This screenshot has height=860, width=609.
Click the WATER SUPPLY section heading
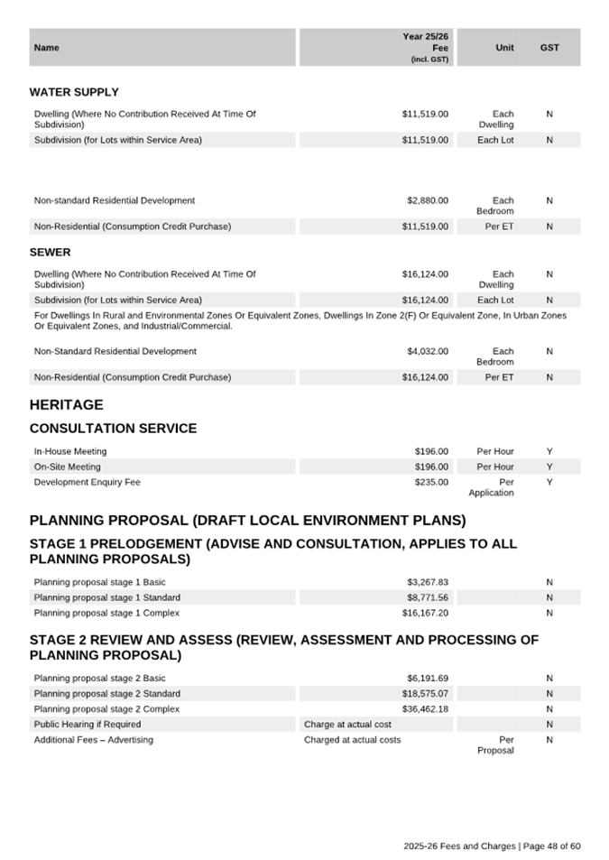pos(74,92)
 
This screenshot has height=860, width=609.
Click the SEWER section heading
pos(50,252)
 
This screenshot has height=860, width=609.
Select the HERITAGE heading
pos(66,405)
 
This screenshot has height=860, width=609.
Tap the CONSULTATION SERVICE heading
pos(113,429)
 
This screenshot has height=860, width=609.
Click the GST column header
pos(549,48)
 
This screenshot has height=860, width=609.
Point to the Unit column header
pos(505,48)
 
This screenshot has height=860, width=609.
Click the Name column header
pos(46,48)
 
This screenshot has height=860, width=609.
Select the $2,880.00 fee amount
pos(427,200)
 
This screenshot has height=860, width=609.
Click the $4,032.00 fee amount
pos(427,351)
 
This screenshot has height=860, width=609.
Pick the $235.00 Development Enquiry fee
pos(430,483)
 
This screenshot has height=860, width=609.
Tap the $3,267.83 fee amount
pos(427,582)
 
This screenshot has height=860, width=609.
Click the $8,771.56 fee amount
pos(427,597)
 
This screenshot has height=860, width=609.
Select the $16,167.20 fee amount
pos(424,613)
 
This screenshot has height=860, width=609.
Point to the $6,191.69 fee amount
pos(427,678)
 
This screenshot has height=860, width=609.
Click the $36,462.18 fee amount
pos(424,709)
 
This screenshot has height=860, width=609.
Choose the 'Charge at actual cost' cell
pos(347,725)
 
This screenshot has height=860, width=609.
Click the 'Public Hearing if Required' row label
pos(88,725)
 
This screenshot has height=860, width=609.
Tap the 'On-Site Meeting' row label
pos(67,467)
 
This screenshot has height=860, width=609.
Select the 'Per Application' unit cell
pos(491,488)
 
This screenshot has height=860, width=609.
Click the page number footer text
pos(492,846)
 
